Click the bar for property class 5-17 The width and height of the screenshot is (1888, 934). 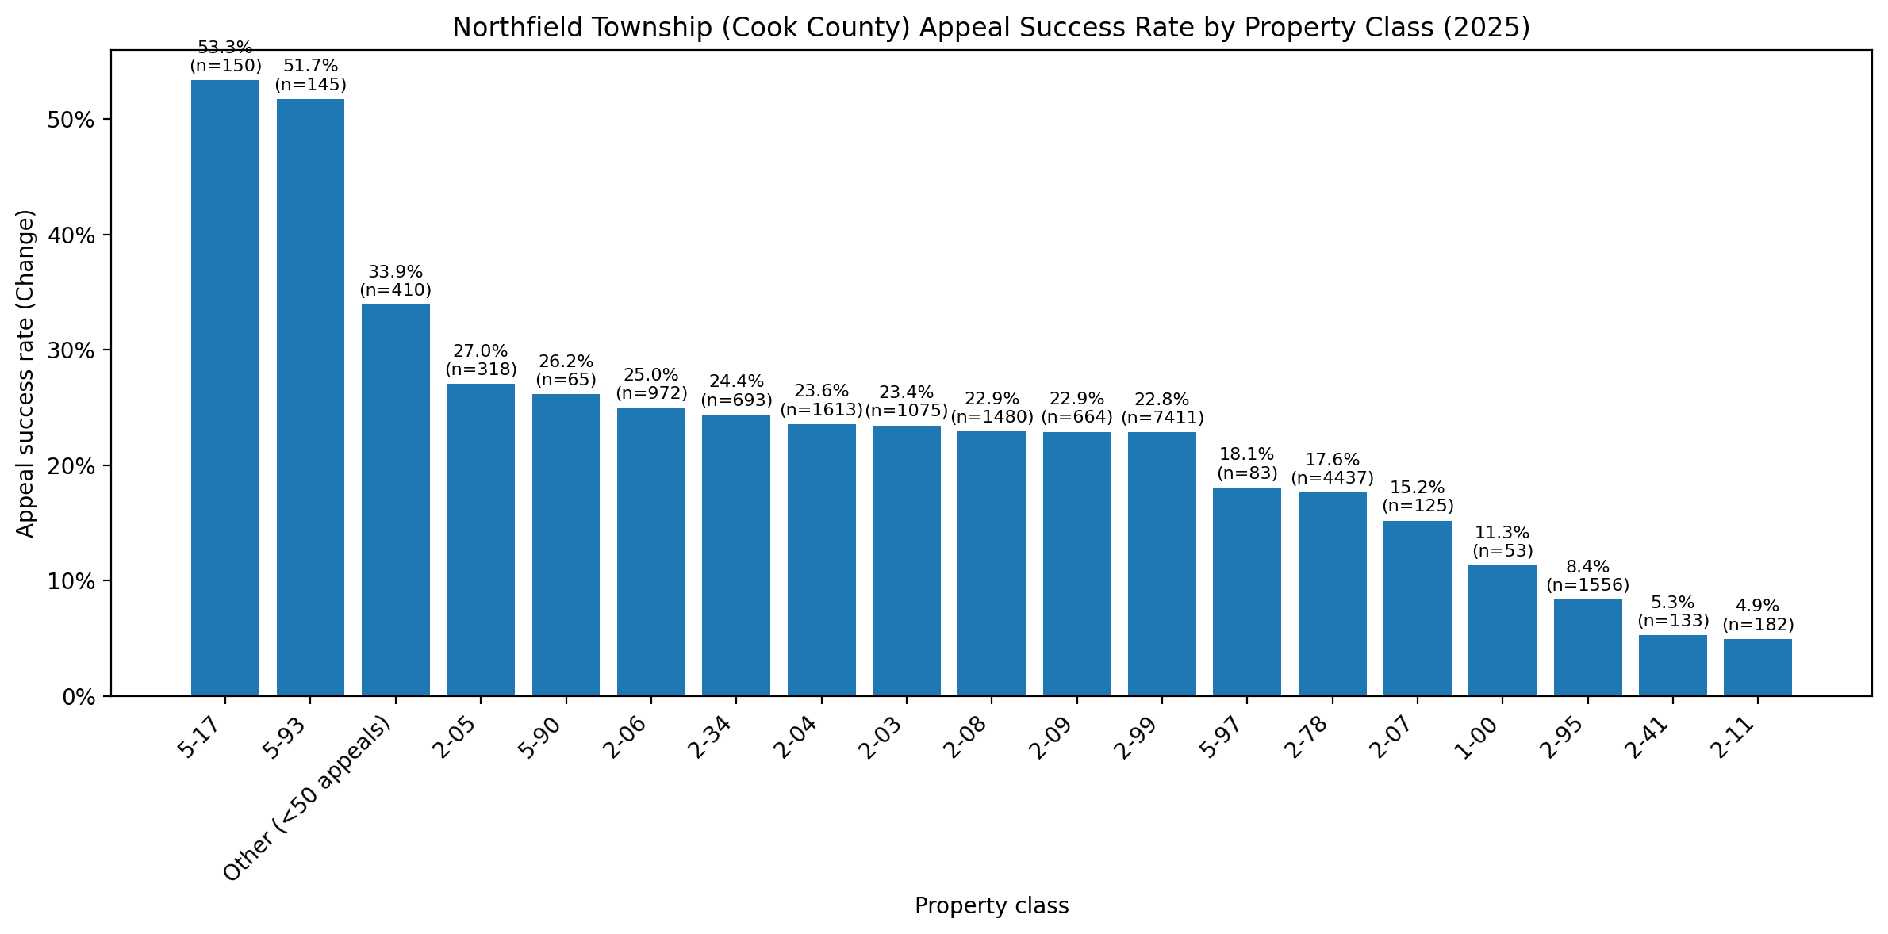(x=225, y=389)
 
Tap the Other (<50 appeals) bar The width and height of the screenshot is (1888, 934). (x=396, y=500)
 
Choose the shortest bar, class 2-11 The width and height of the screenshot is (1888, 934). (x=1758, y=668)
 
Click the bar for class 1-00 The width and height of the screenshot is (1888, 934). (x=1502, y=631)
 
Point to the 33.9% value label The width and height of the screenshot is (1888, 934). (x=396, y=273)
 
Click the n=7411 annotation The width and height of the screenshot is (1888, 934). (x=1162, y=417)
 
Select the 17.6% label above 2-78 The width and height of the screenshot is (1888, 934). (x=1333, y=460)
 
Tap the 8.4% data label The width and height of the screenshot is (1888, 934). (x=1588, y=567)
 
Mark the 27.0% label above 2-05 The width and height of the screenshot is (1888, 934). (x=481, y=351)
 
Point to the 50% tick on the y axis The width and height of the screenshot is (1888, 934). (x=73, y=120)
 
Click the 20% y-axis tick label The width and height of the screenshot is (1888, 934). (x=73, y=466)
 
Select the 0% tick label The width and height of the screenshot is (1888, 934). (x=80, y=697)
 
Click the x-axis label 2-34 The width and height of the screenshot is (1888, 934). (x=715, y=736)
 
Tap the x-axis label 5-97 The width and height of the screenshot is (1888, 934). (x=1226, y=736)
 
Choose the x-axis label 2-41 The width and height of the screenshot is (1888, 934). (x=1652, y=736)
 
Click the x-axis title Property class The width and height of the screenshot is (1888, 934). (x=992, y=906)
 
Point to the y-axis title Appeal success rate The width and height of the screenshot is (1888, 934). (x=26, y=373)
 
